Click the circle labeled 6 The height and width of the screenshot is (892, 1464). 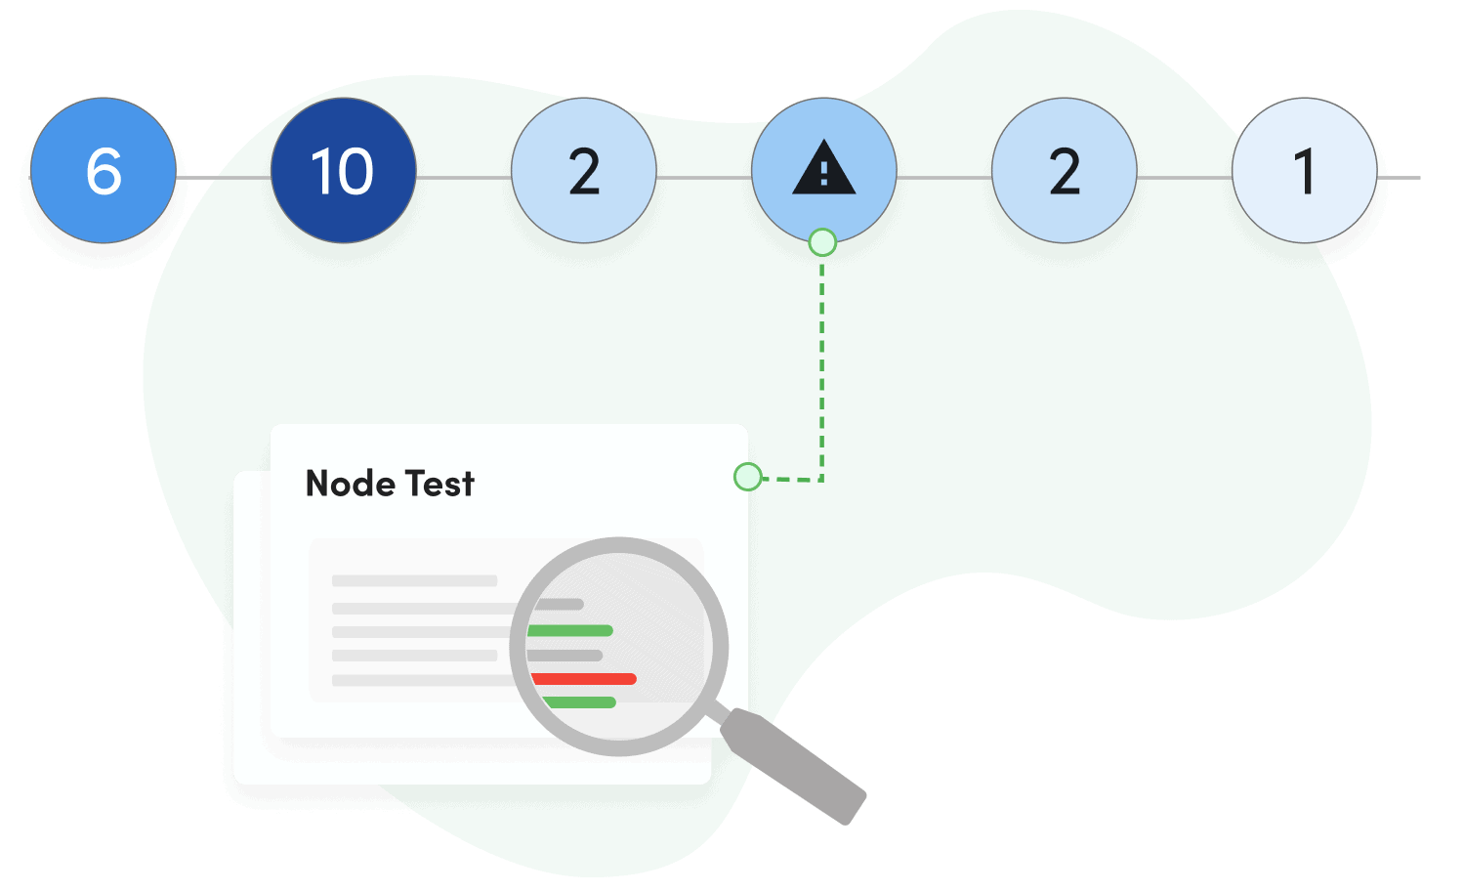(104, 171)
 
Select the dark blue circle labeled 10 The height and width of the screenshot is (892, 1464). (343, 171)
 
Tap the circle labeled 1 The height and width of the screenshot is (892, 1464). (1304, 171)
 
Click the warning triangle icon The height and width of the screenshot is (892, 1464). (824, 168)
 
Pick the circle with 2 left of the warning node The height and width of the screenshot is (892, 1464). (584, 171)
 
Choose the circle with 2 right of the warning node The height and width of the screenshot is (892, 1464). (1065, 171)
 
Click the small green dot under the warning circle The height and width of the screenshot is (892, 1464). (822, 242)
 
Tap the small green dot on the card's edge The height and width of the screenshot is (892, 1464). (747, 477)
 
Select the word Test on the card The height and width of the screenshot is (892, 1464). (439, 484)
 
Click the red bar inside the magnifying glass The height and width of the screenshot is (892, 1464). (584, 678)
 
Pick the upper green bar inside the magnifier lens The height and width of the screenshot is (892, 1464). (570, 630)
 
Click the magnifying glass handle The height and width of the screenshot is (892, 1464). (793, 765)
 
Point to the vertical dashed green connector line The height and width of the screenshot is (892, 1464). (822, 361)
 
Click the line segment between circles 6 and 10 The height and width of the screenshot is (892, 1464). (224, 178)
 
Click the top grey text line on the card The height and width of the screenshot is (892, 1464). (414, 580)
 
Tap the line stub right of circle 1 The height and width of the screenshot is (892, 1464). (1399, 178)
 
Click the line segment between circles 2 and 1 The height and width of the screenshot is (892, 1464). (1185, 178)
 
